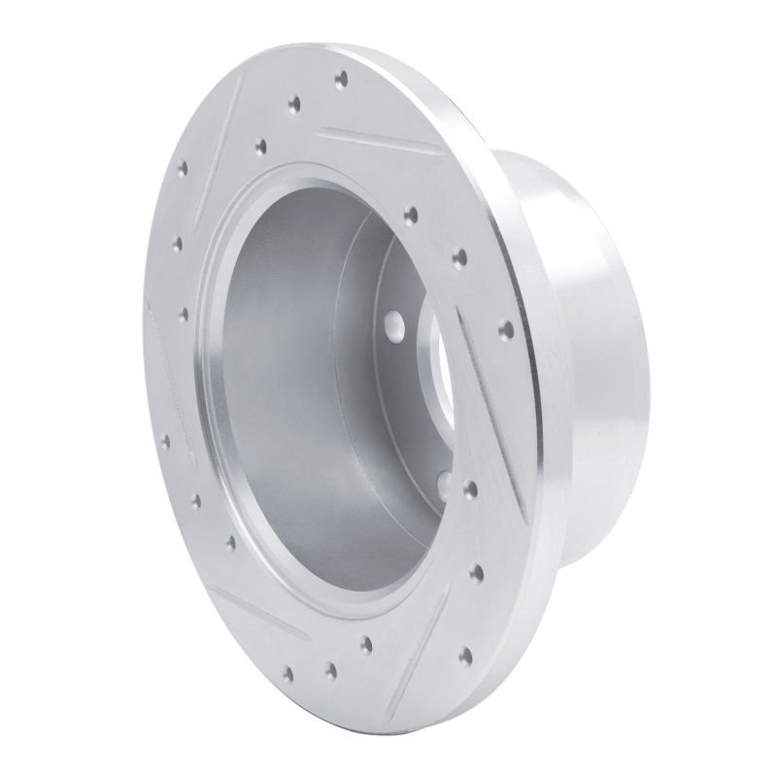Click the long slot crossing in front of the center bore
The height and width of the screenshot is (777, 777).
(x=486, y=408)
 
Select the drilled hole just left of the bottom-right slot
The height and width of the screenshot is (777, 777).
(x=367, y=643)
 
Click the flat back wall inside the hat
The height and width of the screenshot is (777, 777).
(x=321, y=369)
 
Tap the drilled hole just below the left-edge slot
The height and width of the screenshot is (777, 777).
(x=164, y=442)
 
